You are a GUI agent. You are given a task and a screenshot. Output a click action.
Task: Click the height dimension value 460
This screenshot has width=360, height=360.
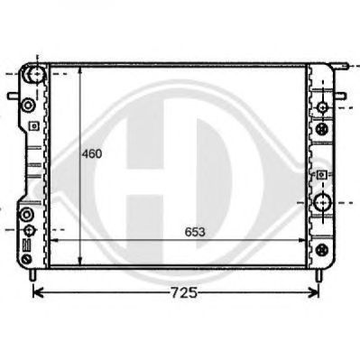click(92, 154)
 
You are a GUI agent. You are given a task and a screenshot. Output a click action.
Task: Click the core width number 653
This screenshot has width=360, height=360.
click(195, 232)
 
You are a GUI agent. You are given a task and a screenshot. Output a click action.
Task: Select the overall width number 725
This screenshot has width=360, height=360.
click(184, 292)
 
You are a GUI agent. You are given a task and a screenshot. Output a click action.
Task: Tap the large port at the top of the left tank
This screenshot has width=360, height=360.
click(37, 74)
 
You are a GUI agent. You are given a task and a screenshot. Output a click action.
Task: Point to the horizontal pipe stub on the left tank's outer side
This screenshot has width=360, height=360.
click(14, 96)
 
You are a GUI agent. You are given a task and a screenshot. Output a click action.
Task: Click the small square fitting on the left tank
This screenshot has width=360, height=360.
click(34, 125)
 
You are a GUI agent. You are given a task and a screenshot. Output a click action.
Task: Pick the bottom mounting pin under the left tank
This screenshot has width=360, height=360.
click(33, 274)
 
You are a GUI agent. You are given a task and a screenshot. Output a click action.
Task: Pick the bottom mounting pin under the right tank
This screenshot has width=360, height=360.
click(318, 274)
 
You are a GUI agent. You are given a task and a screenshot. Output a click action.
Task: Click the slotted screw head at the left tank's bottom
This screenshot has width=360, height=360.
click(27, 259)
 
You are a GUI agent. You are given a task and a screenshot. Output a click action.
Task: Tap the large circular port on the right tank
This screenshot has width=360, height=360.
click(323, 203)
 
